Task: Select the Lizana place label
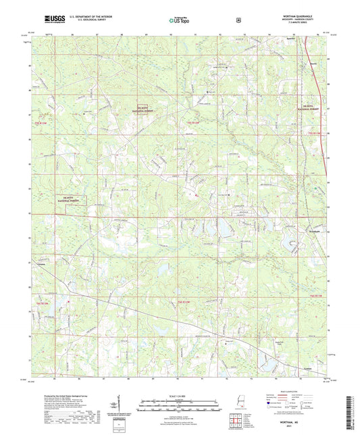coord(41,265)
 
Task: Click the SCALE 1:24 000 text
coord(180,395)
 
